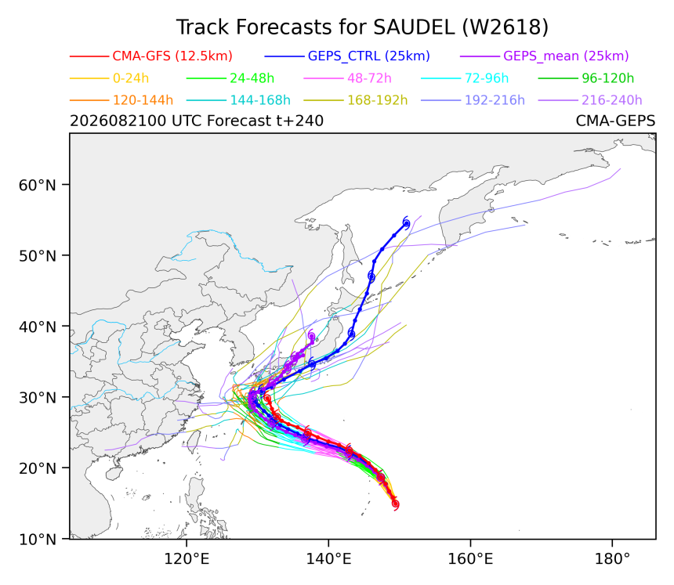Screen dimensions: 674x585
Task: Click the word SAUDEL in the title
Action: coord(414,27)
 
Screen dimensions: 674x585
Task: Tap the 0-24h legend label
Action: coord(131,78)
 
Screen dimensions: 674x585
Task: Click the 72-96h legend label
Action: coord(487,78)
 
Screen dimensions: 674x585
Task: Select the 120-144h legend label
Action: coord(143,100)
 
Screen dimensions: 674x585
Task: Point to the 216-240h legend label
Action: coord(611,100)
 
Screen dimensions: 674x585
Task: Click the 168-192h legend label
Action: coord(378,100)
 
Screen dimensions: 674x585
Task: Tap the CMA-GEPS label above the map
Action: coord(615,121)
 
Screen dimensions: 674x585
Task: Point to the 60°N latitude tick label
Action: coord(38,185)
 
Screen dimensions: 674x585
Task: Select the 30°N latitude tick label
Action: coord(38,398)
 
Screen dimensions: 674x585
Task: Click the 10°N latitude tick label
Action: coord(38,539)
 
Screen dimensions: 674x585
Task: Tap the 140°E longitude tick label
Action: coord(328,559)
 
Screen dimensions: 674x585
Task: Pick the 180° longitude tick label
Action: coord(612,559)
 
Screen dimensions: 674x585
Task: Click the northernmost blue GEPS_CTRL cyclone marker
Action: coord(406,223)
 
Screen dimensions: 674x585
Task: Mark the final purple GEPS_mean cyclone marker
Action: coord(311,336)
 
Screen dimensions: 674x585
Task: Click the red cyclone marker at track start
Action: coord(396,504)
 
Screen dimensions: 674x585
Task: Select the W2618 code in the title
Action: coord(505,27)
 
